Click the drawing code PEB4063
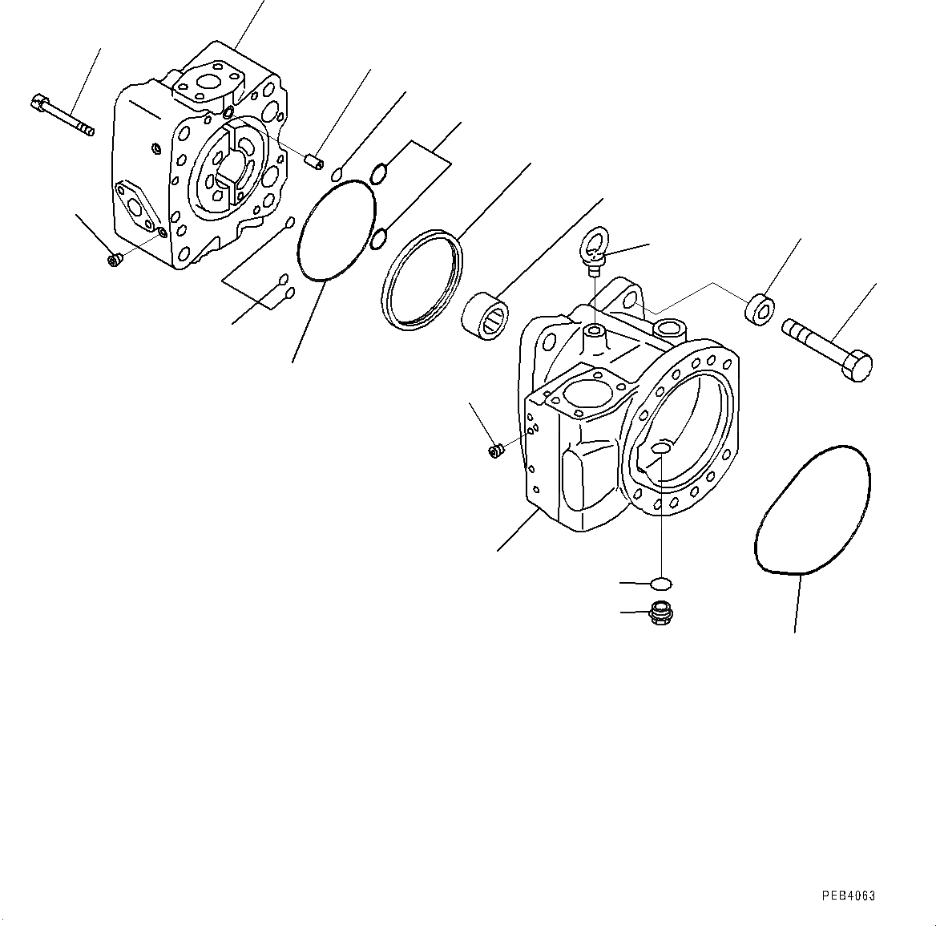pyautogui.click(x=848, y=896)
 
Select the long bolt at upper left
pyautogui.click(x=63, y=115)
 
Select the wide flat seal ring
pyautogui.click(x=421, y=278)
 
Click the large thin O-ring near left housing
pyautogui.click(x=337, y=230)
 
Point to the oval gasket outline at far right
pyautogui.click(x=812, y=510)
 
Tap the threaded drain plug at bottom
pyautogui.click(x=660, y=614)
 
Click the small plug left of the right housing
pyautogui.click(x=495, y=451)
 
